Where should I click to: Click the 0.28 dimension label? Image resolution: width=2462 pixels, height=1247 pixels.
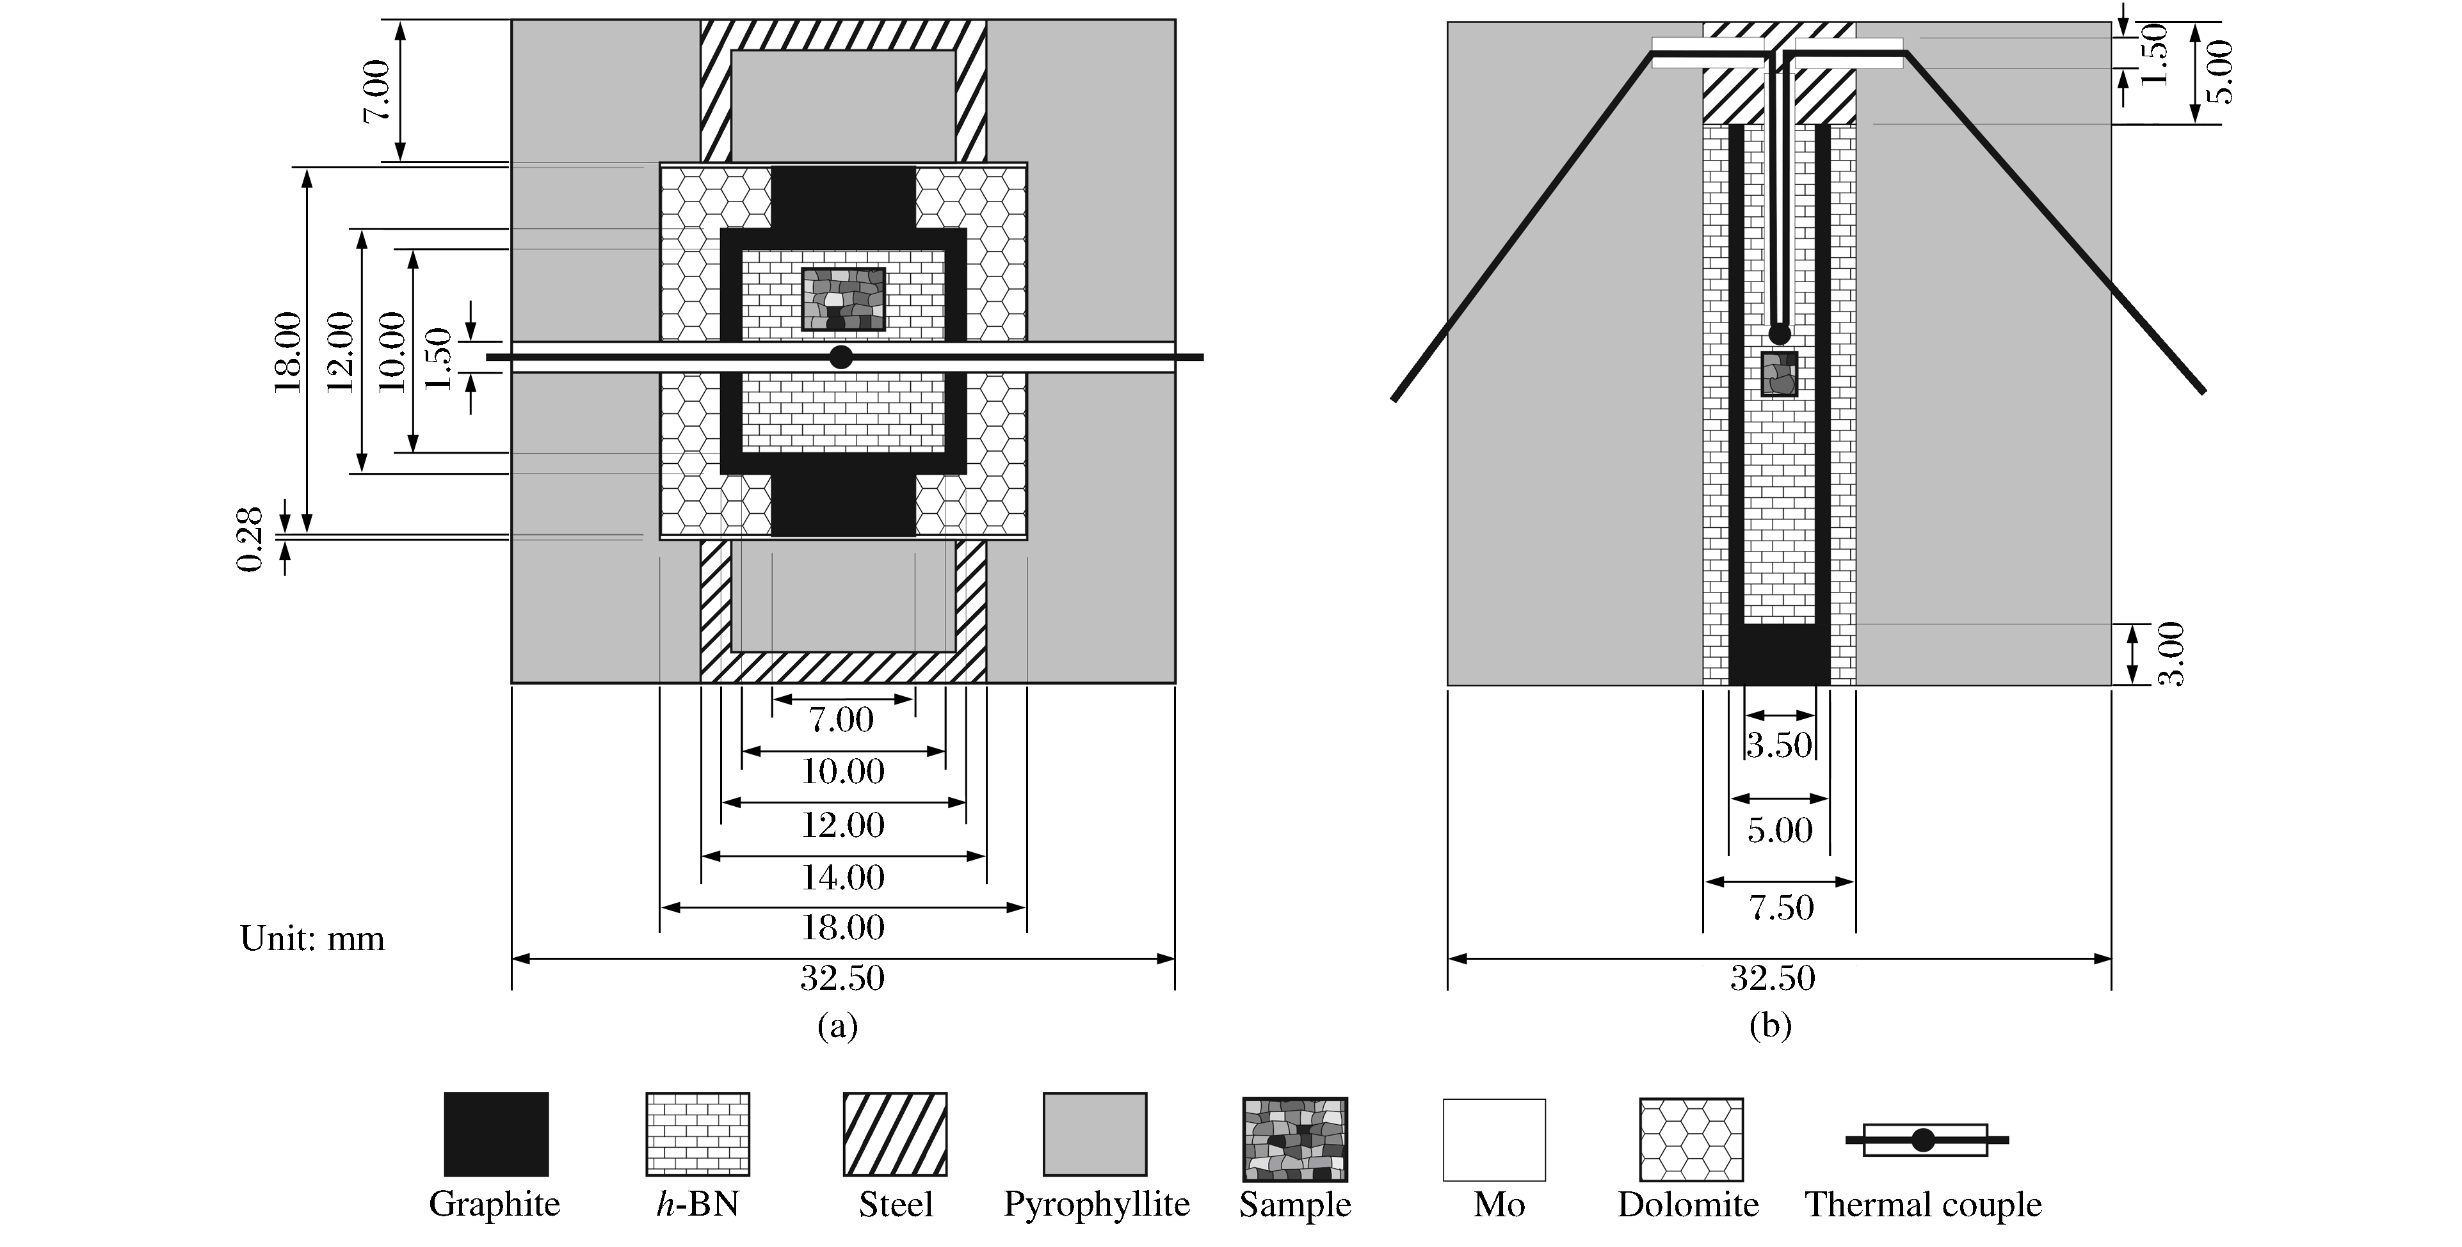click(250, 540)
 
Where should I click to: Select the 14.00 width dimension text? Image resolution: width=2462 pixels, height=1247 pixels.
click(842, 877)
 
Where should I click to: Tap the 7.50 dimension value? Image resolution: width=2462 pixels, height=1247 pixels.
click(1780, 907)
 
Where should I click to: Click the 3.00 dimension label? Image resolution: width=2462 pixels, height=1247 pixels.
click(2173, 654)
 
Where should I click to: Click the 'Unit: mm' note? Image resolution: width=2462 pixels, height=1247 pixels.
click(312, 939)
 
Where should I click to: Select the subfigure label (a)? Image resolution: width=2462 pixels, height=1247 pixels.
click(838, 1026)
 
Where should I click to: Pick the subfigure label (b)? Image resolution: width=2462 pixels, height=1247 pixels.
click(1770, 1026)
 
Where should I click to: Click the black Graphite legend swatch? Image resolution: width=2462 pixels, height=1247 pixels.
click(496, 1134)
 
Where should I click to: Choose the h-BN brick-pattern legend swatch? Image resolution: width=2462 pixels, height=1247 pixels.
click(698, 1134)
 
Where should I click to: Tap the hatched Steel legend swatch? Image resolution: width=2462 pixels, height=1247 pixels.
click(894, 1134)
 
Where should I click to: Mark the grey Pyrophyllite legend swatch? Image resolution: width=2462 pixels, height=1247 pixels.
click(1094, 1134)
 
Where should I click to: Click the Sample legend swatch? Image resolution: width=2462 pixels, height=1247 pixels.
click(1295, 1139)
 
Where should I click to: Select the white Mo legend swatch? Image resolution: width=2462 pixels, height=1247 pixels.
click(1494, 1139)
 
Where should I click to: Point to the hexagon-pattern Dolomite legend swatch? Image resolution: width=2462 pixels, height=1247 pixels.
click(1691, 1139)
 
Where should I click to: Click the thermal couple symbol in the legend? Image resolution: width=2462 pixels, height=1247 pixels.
click(1924, 1139)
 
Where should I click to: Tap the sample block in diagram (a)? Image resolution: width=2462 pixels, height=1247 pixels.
click(843, 299)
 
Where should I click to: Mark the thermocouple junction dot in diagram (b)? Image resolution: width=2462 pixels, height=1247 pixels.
click(1780, 333)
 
